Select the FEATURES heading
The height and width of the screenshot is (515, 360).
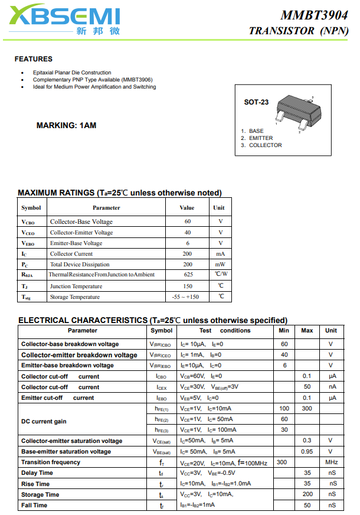(x=34, y=59)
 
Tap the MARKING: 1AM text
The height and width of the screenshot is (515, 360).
(x=66, y=125)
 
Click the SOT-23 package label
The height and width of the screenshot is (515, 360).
(x=256, y=102)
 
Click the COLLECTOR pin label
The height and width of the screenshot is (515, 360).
(x=265, y=145)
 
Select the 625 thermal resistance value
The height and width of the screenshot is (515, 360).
(x=188, y=275)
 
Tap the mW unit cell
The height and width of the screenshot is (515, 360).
(x=220, y=264)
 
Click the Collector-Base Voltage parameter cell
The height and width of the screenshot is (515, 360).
(x=81, y=221)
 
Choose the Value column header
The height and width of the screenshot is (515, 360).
(x=187, y=208)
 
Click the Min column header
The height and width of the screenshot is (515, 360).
(x=284, y=331)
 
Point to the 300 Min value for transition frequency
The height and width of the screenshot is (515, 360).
(x=282, y=462)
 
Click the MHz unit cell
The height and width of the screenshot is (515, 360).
(x=331, y=462)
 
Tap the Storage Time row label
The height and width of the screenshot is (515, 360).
(x=40, y=494)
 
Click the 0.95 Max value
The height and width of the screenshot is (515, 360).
(x=307, y=452)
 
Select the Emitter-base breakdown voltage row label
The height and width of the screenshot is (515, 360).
(x=67, y=366)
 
